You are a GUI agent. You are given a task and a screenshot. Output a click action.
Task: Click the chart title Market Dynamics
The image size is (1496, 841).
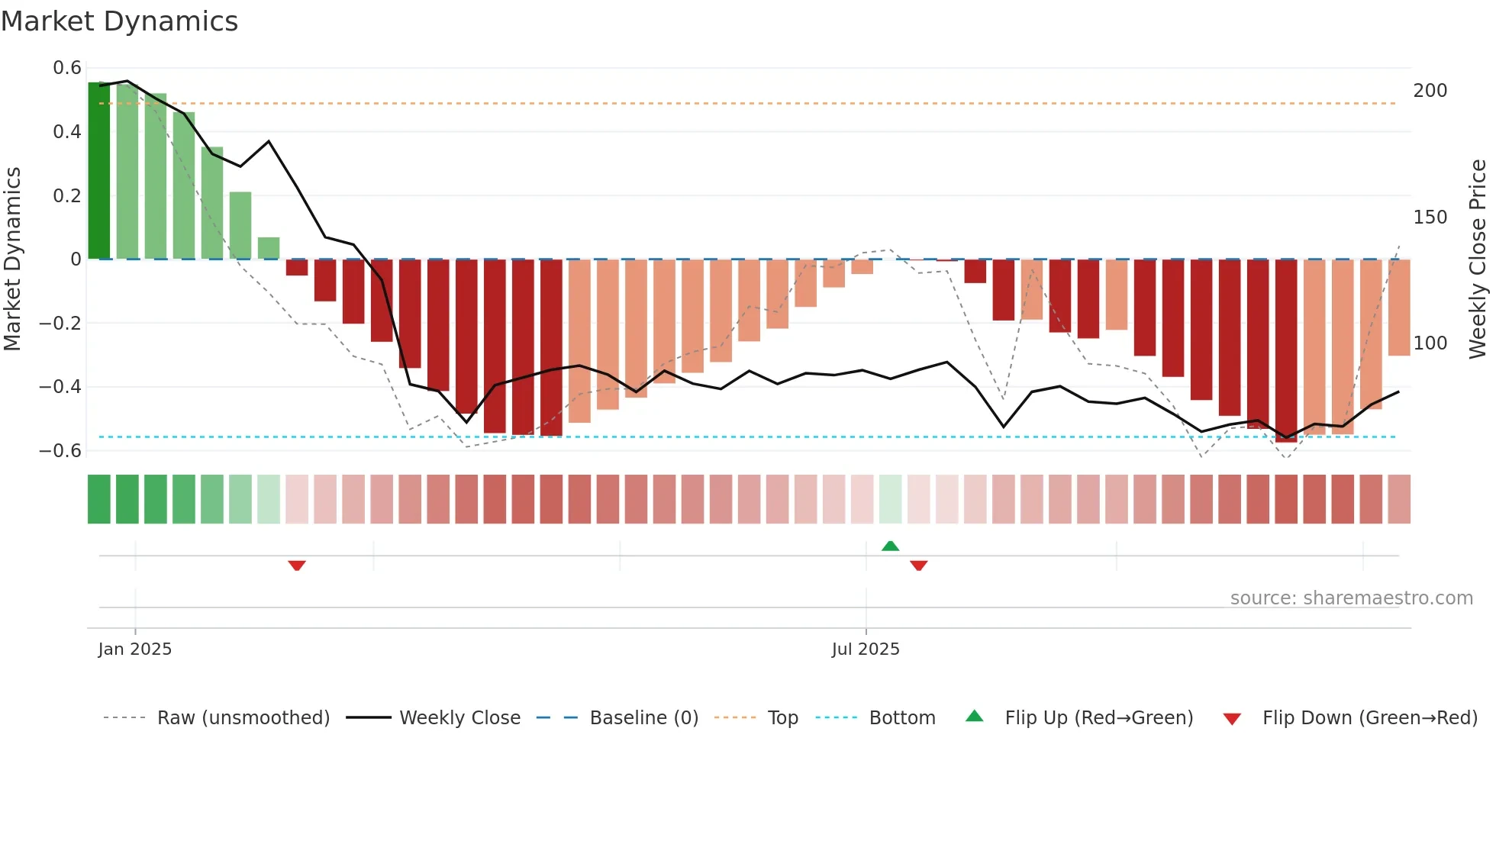point(119,21)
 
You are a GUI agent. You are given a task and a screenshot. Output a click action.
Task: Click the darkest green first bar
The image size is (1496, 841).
point(98,170)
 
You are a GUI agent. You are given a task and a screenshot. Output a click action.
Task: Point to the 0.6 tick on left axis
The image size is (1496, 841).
point(67,68)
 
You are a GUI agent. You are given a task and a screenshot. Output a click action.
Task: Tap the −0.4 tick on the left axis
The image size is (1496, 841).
point(60,387)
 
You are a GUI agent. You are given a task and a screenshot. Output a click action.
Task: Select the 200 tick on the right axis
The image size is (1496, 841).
point(1430,91)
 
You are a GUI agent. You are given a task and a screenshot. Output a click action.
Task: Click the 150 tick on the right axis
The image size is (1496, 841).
point(1430,217)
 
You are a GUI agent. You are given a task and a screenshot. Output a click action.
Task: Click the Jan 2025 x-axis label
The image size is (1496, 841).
point(135,649)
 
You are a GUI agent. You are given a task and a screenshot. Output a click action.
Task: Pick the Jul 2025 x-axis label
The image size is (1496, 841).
point(866,649)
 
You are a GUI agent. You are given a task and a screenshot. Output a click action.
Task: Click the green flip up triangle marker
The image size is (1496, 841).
point(890,546)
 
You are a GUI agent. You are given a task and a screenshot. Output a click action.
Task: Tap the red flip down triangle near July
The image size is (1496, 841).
point(918,565)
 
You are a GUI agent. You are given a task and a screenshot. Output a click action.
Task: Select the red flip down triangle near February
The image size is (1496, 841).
point(297,565)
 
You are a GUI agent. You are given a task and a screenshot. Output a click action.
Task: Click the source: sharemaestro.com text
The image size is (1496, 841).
point(1351,598)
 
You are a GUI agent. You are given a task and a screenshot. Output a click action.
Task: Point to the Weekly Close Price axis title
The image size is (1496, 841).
point(1478,259)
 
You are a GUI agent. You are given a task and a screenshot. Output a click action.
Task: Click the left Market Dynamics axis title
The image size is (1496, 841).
point(12,259)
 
